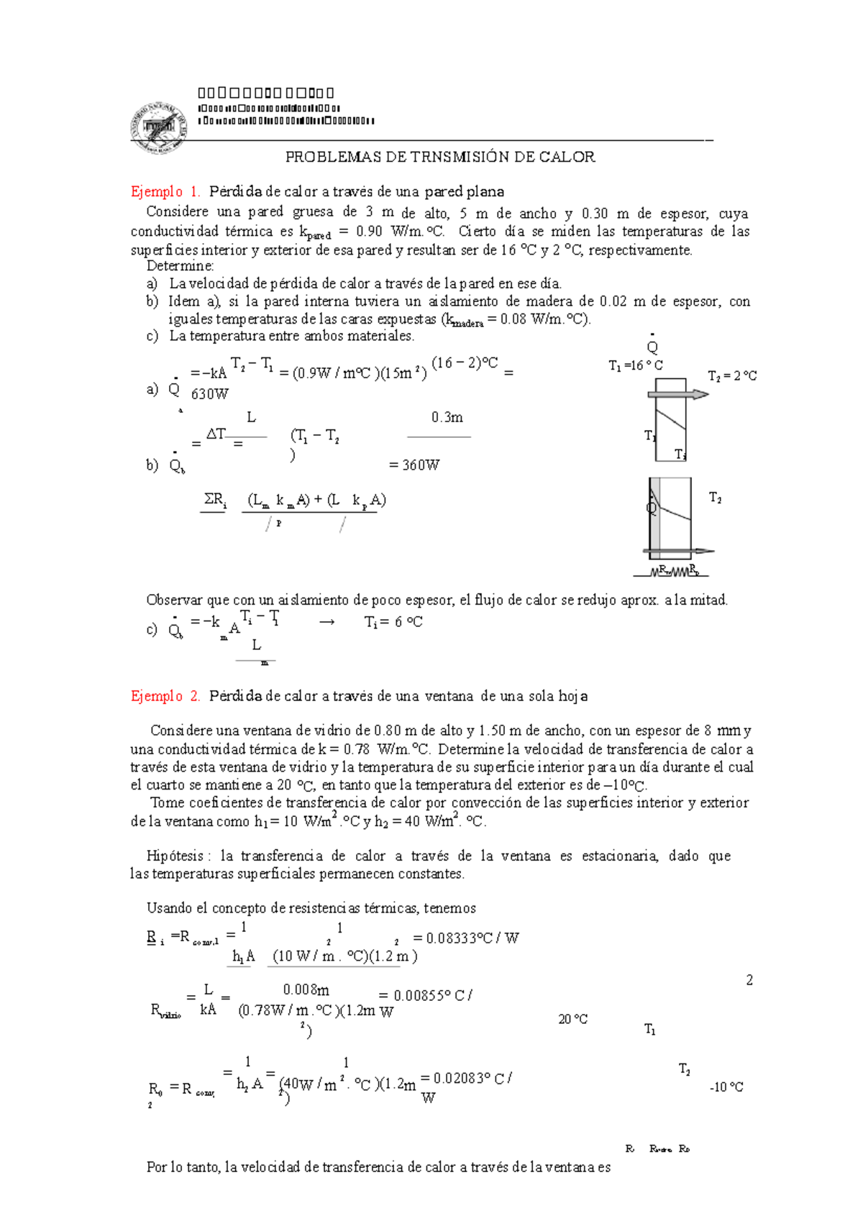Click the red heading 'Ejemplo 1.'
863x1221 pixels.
pos(165,192)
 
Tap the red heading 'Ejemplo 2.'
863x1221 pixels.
pos(165,696)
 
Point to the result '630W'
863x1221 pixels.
pos(209,394)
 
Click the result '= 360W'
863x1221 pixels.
pos(414,465)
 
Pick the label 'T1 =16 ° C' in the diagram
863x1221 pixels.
pos(635,366)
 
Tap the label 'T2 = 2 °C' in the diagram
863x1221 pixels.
pos(731,376)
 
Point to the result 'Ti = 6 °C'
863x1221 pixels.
pos(393,622)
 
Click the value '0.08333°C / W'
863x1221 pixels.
pos(471,938)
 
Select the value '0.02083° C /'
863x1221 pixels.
pos(472,1079)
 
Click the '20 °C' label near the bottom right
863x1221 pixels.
pos(572,1020)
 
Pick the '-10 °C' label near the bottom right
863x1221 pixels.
pos(726,1087)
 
